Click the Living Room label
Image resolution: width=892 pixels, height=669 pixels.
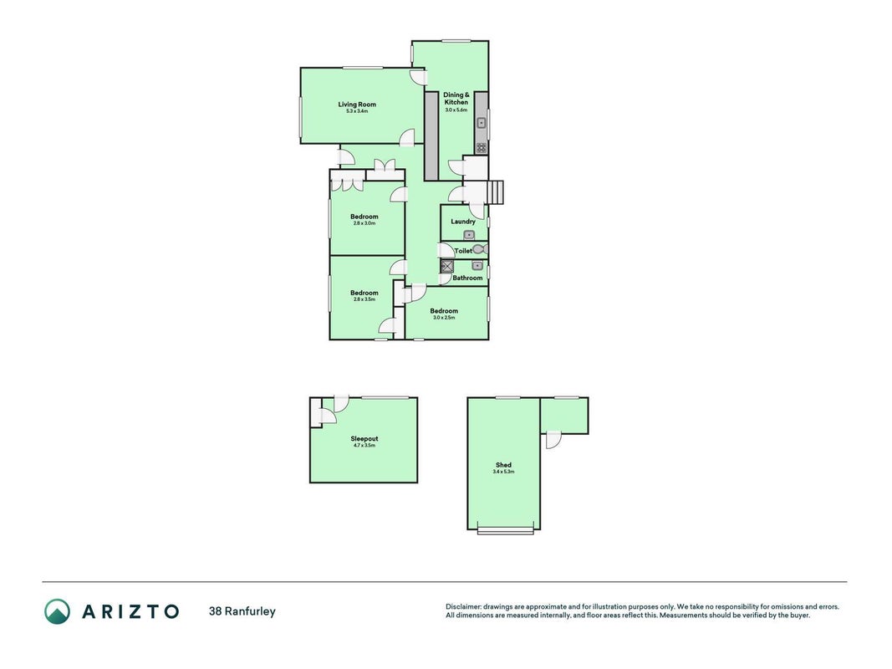coord(357,104)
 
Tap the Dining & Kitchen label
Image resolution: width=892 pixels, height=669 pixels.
coord(456,99)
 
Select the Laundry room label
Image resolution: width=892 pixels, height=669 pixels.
coord(463,222)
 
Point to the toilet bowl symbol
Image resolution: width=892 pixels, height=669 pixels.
coord(480,249)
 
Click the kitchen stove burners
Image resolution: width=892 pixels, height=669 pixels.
coord(482,148)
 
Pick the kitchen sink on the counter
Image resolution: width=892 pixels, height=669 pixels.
coord(482,122)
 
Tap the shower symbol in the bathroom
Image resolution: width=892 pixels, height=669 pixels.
coord(447,266)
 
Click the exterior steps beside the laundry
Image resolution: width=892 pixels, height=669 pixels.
coord(496,192)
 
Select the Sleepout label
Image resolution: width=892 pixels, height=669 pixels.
coord(364,438)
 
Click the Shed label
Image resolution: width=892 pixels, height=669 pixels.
coord(503,465)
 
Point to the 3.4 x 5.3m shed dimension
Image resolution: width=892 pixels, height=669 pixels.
coord(503,472)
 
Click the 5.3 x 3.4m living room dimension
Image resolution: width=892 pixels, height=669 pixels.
coord(357,111)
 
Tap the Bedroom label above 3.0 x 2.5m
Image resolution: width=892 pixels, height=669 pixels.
coord(444,310)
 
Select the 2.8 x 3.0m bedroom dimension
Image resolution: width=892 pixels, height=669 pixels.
coord(364,223)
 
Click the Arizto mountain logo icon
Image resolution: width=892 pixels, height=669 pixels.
coord(58,611)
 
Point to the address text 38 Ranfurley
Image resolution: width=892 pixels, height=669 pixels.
coord(242,611)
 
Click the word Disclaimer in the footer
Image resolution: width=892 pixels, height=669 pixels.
coord(463,607)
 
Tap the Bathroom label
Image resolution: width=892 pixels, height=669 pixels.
coord(467,278)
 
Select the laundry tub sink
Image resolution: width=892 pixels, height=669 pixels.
coord(469,235)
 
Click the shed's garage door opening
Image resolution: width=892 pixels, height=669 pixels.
coord(506,531)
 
